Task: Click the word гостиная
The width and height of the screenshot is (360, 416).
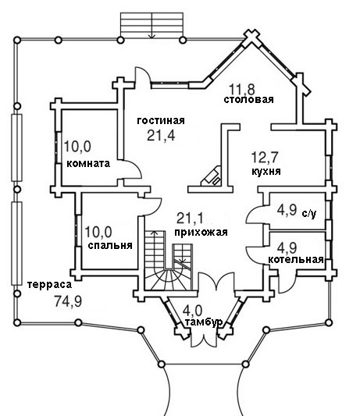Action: pos(161,121)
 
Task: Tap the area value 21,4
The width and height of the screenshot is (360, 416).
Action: pos(161,136)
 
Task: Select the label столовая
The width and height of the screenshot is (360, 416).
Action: pos(248,99)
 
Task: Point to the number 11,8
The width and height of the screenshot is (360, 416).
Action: pos(242,90)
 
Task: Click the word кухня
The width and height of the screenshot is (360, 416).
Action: pos(266,172)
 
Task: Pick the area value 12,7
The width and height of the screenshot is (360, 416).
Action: pos(265,157)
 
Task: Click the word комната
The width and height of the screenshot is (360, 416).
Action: pos(88,163)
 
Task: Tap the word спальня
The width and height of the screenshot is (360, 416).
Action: pos(110,245)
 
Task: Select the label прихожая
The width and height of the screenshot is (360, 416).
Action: pos(201,232)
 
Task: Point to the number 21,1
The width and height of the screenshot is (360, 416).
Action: pos(190,218)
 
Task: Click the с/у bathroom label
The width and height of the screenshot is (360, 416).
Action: pos(309,214)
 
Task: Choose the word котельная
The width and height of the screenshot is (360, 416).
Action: pos(296,259)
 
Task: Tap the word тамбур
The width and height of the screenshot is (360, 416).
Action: pos(204,322)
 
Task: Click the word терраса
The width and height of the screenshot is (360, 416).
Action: pos(49,285)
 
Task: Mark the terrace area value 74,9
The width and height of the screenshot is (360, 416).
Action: pos(68,301)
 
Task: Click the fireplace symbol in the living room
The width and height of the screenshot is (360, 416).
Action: pos(211,176)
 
